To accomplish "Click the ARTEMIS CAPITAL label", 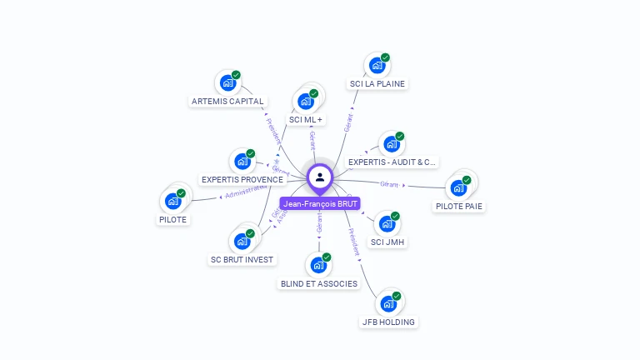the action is (227, 102).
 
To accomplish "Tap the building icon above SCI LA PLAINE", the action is (377, 66).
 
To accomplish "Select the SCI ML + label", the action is (306, 120).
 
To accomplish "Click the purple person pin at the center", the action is (320, 177).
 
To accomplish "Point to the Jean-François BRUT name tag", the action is (320, 203).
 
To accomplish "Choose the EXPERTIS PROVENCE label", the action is (242, 179).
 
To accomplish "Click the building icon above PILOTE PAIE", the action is (458, 187).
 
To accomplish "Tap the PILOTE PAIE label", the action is (459, 206).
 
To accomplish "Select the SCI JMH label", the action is (388, 242).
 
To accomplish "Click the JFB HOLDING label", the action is (388, 322).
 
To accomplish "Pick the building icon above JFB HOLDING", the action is (388, 303).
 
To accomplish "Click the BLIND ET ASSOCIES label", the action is (318, 283).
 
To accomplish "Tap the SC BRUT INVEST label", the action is (242, 259).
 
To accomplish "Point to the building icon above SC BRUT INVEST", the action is (242, 241).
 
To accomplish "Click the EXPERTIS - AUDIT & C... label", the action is (392, 162).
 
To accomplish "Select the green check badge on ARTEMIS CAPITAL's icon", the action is (236, 75).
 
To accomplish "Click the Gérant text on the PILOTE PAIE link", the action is (390, 183).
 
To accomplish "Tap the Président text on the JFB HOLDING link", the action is (353, 241).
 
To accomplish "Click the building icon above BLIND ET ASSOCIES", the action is (318, 266).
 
